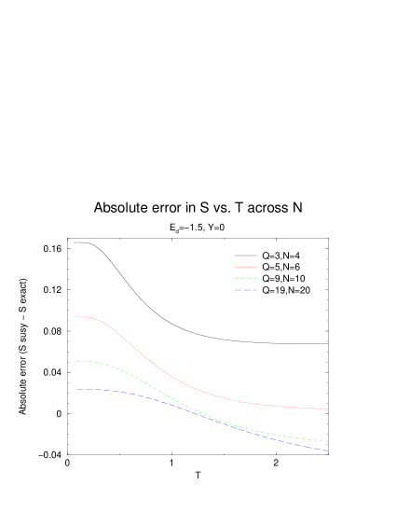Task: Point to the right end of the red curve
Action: pyautogui.click(x=327, y=409)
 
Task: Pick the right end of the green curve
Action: pyautogui.click(x=327, y=441)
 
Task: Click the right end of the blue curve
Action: pyautogui.click(x=327, y=451)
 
